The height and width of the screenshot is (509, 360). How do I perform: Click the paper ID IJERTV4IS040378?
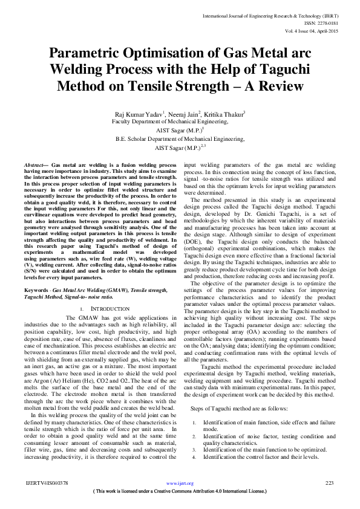coord(47,483)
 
